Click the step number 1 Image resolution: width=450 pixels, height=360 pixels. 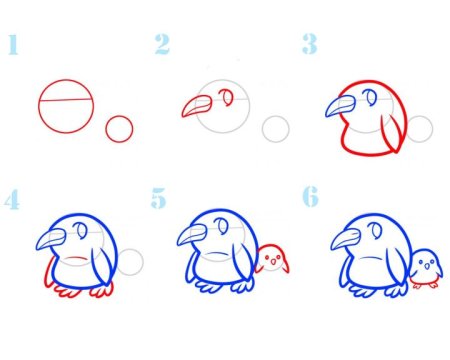tap(13, 44)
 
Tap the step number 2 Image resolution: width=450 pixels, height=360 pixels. tap(162, 44)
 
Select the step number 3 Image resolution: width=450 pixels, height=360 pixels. tap(310, 44)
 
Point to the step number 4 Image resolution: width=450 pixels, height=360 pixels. tap(12, 199)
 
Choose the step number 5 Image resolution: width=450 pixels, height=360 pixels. tap(158, 198)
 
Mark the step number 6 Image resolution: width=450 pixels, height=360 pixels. tap(310, 196)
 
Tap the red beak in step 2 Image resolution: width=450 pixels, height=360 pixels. tap(197, 106)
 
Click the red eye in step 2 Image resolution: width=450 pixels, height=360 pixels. tap(227, 97)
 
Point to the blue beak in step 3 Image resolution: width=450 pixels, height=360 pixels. tap(340, 106)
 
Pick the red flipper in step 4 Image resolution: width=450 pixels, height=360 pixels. tap(49, 274)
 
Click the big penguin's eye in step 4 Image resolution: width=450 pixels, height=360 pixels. tap(81, 230)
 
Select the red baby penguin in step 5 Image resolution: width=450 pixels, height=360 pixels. tap(273, 259)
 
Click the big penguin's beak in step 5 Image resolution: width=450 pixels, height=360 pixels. tap(192, 235)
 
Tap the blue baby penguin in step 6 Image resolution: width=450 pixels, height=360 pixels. tap(426, 269)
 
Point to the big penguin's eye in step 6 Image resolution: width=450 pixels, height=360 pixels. tap(376, 230)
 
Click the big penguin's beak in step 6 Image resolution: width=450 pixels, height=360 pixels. tap(346, 239)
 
